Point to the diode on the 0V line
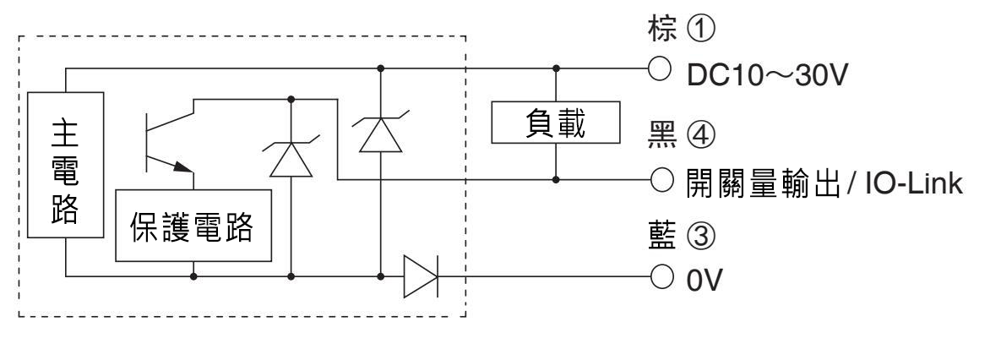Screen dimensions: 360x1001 [x=419, y=275]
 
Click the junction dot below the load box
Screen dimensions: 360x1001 [x=555, y=180]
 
